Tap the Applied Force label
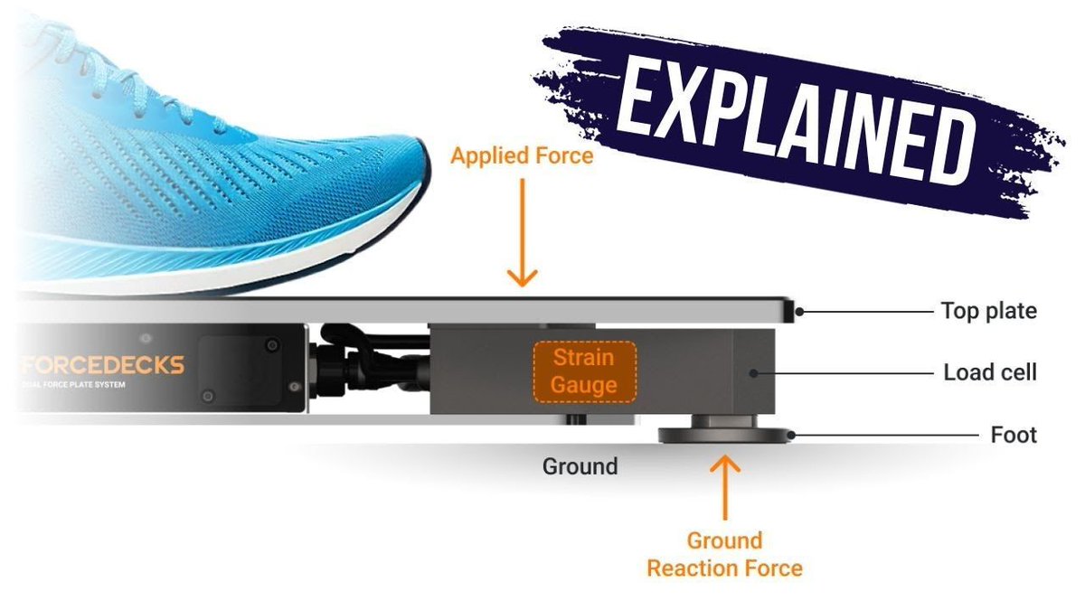pyautogui.click(x=523, y=156)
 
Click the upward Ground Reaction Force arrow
pyautogui.click(x=725, y=488)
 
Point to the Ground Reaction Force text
pyautogui.click(x=725, y=555)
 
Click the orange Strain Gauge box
pyautogui.click(x=584, y=371)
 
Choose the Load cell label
pyautogui.click(x=990, y=372)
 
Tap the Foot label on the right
pyautogui.click(x=1014, y=436)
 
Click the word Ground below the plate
pyautogui.click(x=580, y=466)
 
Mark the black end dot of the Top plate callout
pyautogui.click(x=798, y=313)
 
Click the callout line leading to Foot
pyautogui.click(x=895, y=436)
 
